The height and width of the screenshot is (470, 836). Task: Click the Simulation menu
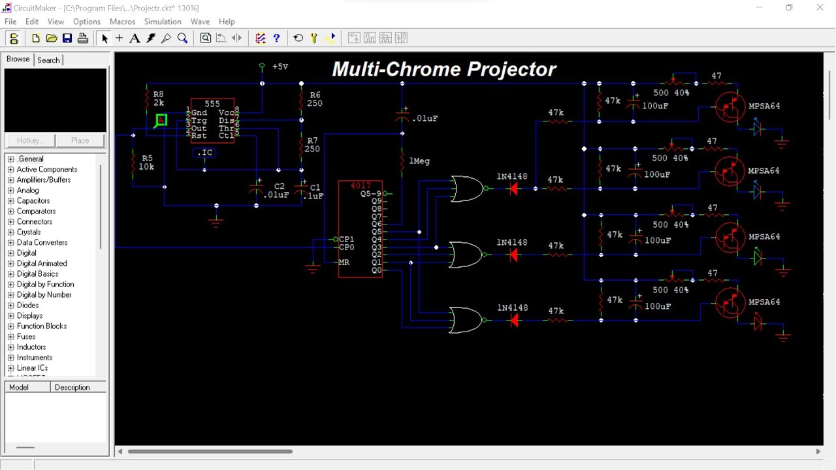point(163,22)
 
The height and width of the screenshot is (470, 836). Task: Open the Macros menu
point(122,22)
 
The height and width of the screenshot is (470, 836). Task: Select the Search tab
point(48,60)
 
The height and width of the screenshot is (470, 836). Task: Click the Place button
point(80,140)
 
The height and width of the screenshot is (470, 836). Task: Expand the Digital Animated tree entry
point(10,264)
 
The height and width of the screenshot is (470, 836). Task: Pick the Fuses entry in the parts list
point(26,337)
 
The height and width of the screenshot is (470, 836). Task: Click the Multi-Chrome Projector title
point(444,69)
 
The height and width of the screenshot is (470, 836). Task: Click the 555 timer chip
point(212,121)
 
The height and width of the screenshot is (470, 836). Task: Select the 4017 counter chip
point(361,228)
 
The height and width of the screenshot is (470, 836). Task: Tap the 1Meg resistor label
point(419,161)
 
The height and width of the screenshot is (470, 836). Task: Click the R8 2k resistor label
point(158,99)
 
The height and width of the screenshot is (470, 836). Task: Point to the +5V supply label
point(280,67)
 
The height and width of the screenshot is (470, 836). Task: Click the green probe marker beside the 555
point(161,119)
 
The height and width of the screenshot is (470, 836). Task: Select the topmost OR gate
point(467,189)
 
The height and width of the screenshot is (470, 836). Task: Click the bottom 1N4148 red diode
point(513,320)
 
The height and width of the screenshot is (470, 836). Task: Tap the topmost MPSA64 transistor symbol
point(730,106)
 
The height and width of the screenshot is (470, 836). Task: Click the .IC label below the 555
point(205,153)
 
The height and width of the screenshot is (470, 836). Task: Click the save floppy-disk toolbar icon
point(67,39)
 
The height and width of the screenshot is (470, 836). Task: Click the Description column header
point(72,388)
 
